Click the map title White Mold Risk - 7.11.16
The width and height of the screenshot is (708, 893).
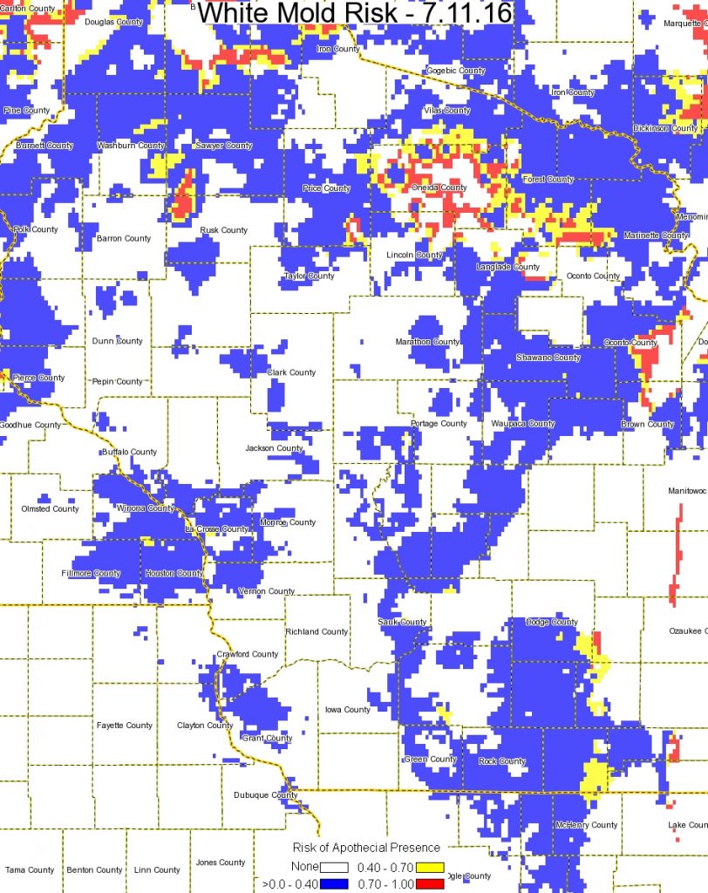tap(354, 15)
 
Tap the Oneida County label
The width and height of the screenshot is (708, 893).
tap(439, 187)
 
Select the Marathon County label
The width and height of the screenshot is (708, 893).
tap(427, 342)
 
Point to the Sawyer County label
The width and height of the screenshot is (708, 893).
tap(223, 146)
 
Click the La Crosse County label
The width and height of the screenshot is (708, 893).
tap(216, 529)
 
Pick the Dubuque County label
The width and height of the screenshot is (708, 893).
tap(266, 794)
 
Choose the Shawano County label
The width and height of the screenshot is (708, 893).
tap(548, 358)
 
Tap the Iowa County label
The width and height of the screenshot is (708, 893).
tap(348, 710)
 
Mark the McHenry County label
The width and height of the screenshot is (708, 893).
tap(586, 825)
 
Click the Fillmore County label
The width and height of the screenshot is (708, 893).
tap(91, 573)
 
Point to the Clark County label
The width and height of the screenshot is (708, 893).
tap(291, 372)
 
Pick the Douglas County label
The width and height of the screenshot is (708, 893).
tap(113, 22)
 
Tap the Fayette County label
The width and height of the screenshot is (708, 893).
tap(124, 726)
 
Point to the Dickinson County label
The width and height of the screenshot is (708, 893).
tap(665, 128)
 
